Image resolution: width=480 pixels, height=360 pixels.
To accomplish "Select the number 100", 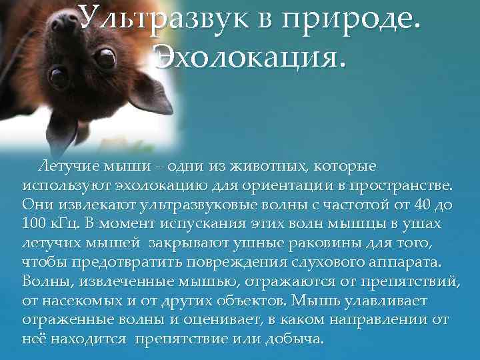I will (x=35, y=223).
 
